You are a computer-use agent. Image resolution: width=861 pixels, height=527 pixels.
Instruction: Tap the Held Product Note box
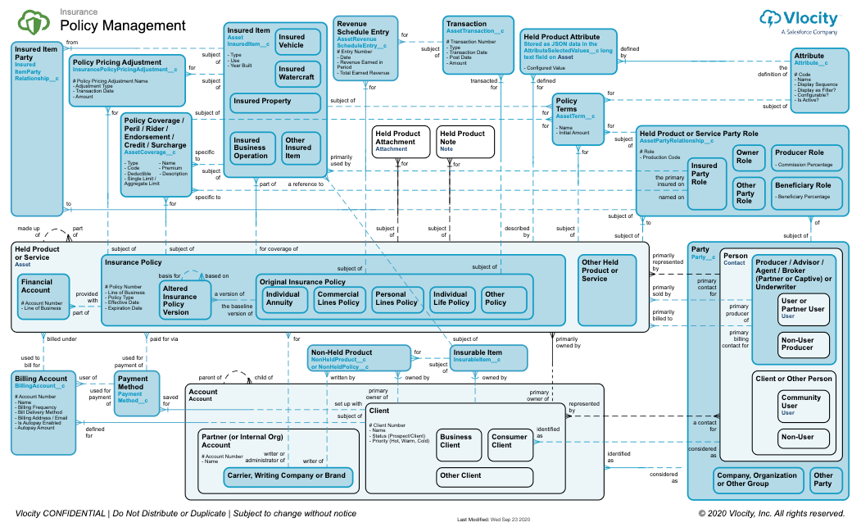(x=464, y=141)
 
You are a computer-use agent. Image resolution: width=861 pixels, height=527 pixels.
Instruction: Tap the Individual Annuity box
(x=283, y=298)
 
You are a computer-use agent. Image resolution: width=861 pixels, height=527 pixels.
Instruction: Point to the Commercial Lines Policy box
(x=338, y=298)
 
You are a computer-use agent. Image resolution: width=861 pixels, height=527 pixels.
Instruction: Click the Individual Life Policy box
(x=451, y=298)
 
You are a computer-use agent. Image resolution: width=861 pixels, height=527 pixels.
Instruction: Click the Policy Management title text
(x=123, y=26)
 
